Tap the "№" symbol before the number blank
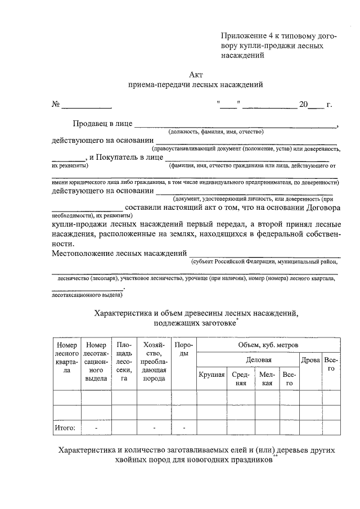point(56,105)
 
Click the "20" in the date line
point(303,105)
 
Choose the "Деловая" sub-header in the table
point(259,359)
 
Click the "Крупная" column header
point(211,375)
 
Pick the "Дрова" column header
point(310,359)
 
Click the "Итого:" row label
point(65,428)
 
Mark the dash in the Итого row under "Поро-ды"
point(184,428)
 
